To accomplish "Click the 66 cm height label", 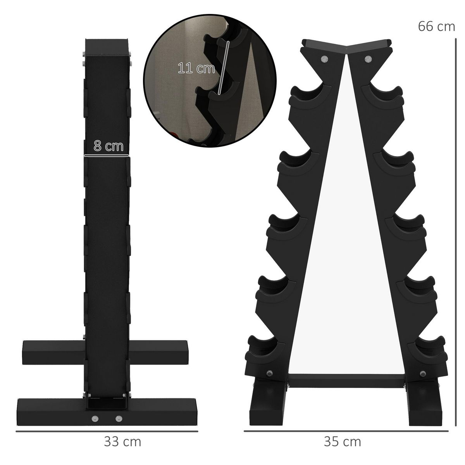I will click(436, 26).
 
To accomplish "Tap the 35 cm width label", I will click(342, 441).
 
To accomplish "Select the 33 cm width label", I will click(122, 441).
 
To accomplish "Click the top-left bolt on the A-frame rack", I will click(324, 59).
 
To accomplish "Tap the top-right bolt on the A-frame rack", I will click(367, 59).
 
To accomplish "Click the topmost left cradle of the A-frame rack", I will click(306, 95).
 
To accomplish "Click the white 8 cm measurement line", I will click(106, 156).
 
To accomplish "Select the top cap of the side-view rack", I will click(107, 47).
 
